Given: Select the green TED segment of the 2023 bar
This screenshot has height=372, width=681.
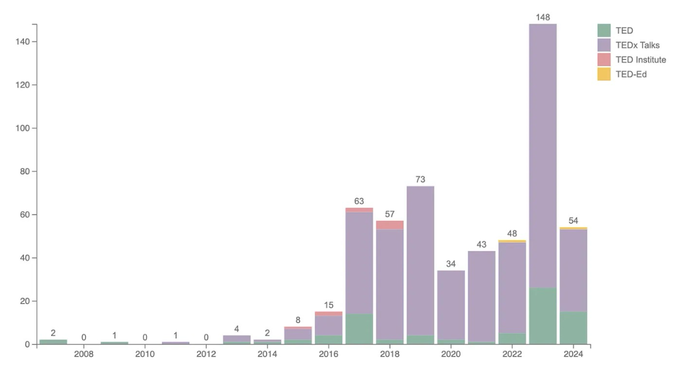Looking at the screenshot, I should (543, 316).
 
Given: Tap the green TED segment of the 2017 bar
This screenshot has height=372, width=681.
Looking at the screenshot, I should (359, 329).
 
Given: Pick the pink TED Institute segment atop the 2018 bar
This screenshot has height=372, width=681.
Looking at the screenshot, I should (390, 225).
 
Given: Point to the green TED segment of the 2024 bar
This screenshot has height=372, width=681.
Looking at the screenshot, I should (573, 328).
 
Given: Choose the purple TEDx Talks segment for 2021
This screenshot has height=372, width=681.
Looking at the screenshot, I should (482, 296).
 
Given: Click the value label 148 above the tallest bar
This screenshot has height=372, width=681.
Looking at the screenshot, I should (543, 18).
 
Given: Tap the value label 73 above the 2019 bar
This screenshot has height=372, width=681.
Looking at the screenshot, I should (421, 179).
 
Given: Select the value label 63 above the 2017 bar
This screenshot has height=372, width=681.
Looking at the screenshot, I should (359, 201).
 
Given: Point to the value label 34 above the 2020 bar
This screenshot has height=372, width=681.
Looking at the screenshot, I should (451, 264).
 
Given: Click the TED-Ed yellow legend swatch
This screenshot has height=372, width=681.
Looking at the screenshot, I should (603, 74).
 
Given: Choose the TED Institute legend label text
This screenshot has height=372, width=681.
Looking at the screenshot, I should (641, 60).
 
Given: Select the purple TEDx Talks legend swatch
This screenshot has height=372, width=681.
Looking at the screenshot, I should (603, 45).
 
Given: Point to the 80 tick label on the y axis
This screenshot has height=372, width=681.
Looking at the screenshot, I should (26, 171).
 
